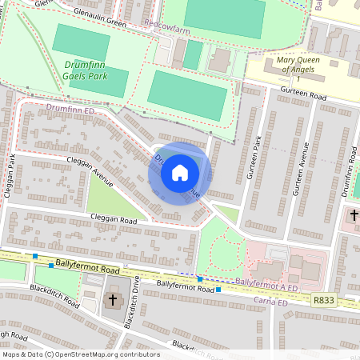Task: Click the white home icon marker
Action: click(180, 173)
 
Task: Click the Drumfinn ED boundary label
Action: click(70, 106)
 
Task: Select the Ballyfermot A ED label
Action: click(268, 282)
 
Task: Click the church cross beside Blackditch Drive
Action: click(112, 301)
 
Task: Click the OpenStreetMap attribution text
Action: click(80, 354)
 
